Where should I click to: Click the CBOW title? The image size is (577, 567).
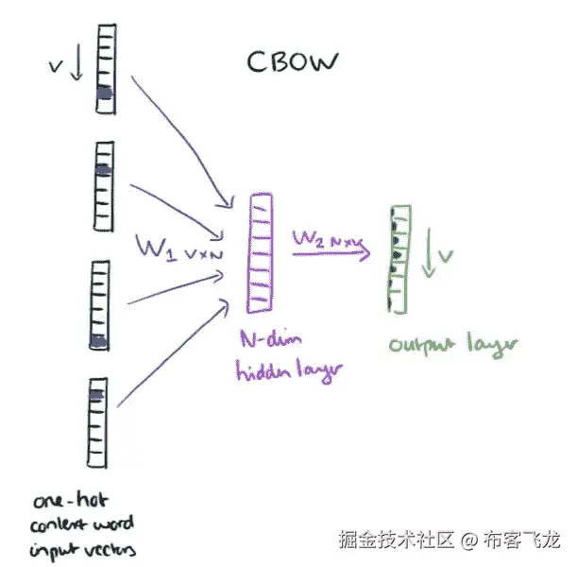pos(292,61)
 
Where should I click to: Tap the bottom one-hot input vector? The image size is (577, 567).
pos(97,422)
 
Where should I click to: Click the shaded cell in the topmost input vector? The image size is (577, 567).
pos(104,93)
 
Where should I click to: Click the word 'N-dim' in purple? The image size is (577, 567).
pos(262,338)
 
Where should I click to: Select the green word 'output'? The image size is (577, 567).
pos(416,344)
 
